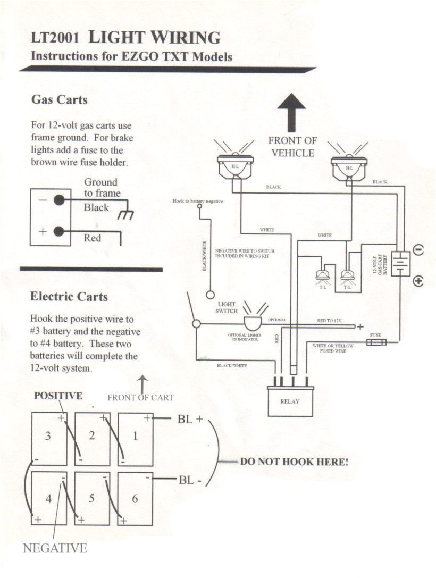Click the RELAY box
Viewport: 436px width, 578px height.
[x=290, y=401]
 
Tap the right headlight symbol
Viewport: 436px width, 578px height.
[x=348, y=165]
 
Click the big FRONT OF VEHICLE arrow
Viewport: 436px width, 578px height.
[x=291, y=112]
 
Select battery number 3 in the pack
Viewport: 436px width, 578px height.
[x=48, y=438]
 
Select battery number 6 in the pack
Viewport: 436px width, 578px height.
[x=135, y=498]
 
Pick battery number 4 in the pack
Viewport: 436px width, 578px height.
[x=48, y=498]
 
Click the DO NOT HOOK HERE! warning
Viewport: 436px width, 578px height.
[x=294, y=462]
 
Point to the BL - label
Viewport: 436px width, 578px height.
[x=190, y=480]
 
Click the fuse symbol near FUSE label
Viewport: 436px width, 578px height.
[x=376, y=343]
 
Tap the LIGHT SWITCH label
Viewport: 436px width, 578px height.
[x=226, y=308]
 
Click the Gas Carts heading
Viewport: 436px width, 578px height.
[x=59, y=99]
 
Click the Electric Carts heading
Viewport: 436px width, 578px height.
[x=69, y=296]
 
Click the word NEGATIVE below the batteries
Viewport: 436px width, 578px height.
[x=55, y=549]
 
